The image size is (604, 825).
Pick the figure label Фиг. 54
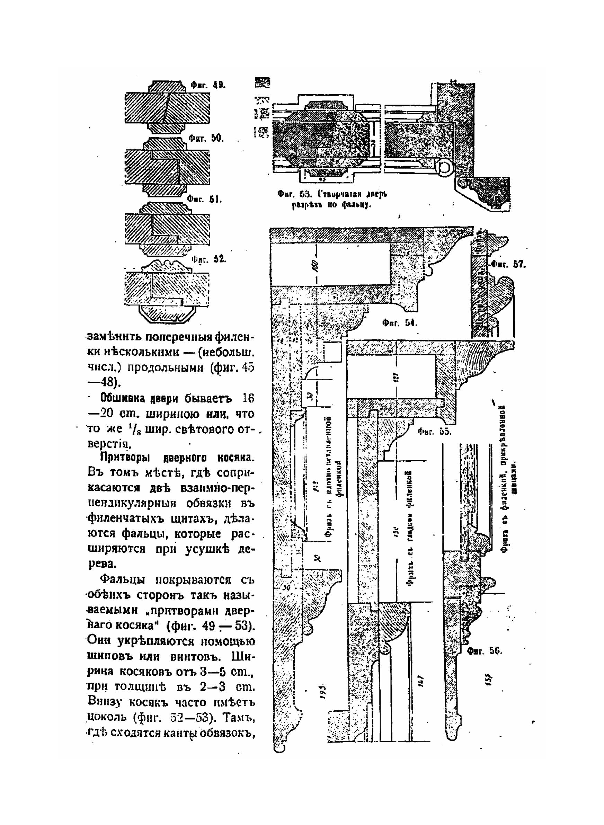click(400, 323)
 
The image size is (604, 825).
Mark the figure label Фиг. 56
click(486, 651)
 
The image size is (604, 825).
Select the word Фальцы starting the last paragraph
click(123, 580)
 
